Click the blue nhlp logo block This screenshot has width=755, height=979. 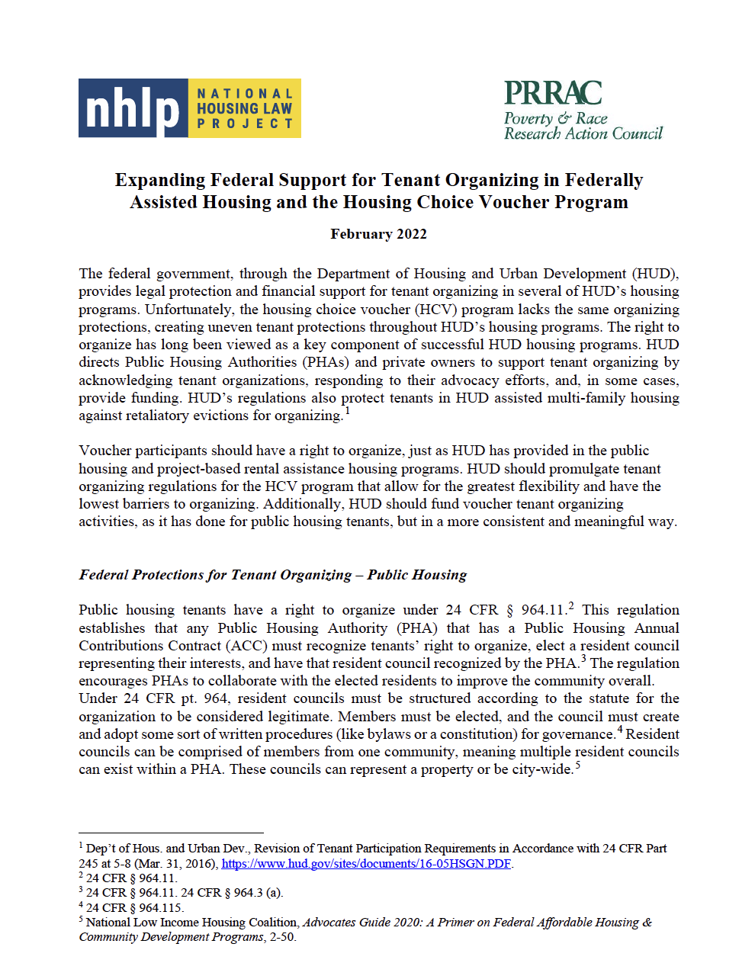click(x=133, y=108)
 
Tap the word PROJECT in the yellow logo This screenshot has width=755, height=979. click(x=245, y=124)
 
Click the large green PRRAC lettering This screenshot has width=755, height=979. click(x=553, y=93)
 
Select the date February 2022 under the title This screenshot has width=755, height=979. click(x=378, y=234)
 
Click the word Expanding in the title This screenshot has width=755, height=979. click(x=160, y=180)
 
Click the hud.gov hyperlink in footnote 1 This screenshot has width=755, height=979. click(x=366, y=864)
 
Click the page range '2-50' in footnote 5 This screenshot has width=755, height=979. click(x=281, y=937)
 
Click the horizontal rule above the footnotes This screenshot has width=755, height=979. click(x=171, y=833)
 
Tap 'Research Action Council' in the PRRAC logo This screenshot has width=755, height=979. click(x=583, y=133)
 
